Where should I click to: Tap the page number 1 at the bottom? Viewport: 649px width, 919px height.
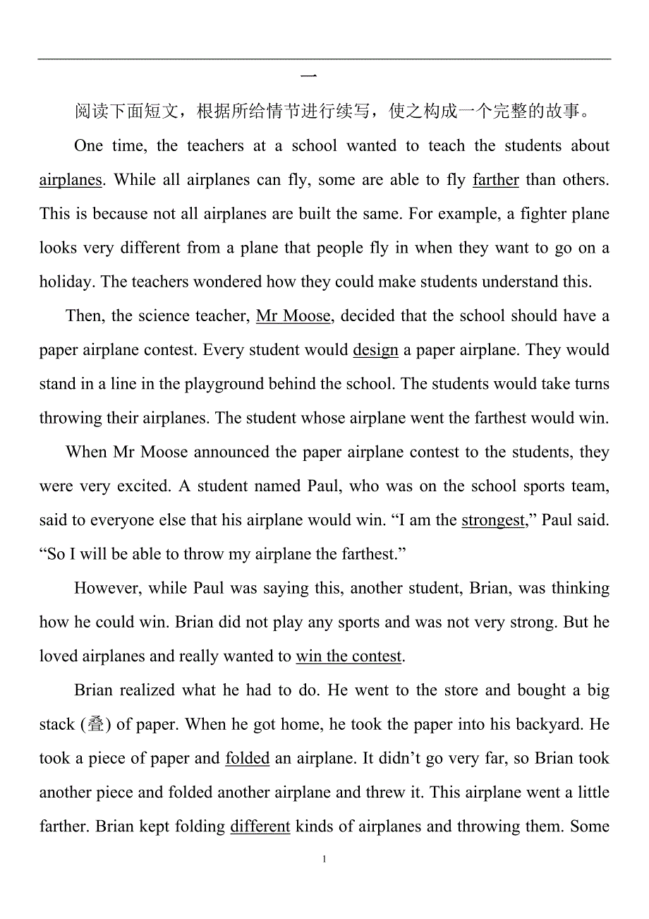pyautogui.click(x=324, y=860)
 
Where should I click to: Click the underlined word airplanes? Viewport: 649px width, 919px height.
pyautogui.click(x=71, y=180)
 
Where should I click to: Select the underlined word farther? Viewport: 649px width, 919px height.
pyautogui.click(x=495, y=180)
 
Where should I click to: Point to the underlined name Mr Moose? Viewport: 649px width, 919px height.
pyautogui.click(x=293, y=316)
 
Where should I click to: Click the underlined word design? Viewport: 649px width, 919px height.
pyautogui.click(x=375, y=350)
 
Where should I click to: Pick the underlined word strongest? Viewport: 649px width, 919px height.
pyautogui.click(x=493, y=521)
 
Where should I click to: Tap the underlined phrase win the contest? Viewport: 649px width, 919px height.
pyautogui.click(x=348, y=656)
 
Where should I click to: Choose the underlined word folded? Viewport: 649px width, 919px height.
pyautogui.click(x=247, y=759)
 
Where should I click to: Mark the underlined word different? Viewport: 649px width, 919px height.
pyautogui.click(x=260, y=827)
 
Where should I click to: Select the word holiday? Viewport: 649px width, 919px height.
pyautogui.click(x=66, y=282)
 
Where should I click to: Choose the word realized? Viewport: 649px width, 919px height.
pyautogui.click(x=148, y=691)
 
